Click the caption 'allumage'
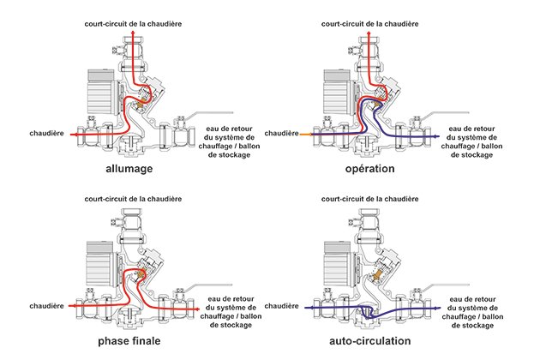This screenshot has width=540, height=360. pos(129,169)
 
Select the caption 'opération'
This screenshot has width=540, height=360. pos(370,169)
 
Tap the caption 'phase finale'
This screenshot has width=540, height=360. pos(129,341)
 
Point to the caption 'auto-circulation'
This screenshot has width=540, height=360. pos(370,341)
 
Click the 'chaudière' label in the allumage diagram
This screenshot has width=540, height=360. pos(46,134)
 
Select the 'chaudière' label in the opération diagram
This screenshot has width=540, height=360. pos(281,134)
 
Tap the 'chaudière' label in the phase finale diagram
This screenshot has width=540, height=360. pos(46,306)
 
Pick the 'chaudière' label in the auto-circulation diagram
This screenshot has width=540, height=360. pos(281,306)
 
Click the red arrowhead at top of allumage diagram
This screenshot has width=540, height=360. pos(133,33)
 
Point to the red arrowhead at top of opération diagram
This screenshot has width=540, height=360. pos(369,33)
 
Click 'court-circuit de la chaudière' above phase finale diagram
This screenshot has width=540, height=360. pos(133,199)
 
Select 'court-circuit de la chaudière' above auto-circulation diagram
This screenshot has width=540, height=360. pos(370,199)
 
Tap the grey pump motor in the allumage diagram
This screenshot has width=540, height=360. pos(101,93)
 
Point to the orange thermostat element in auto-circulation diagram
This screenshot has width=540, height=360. pos(378,274)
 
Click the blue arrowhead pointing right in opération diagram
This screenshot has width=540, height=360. pos(437,136)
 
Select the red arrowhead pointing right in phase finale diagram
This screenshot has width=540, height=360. pos(197,309)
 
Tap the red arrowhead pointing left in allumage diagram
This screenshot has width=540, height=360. pos(73,135)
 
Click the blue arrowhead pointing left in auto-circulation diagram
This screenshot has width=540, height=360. pos(307,308)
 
